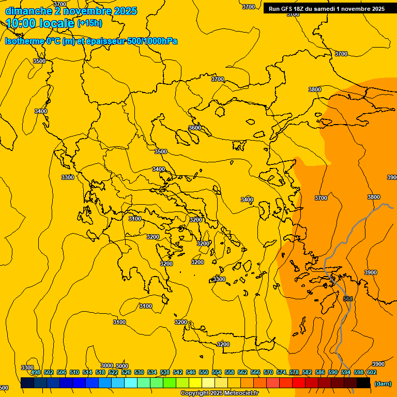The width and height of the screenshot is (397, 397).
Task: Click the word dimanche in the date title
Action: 28,11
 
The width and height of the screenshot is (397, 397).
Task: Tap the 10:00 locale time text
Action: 40,23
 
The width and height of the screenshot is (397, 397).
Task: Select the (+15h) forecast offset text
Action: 89,23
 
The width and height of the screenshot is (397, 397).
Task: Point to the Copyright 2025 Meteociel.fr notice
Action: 219,393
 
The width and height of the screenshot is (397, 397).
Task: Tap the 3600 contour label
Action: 195,128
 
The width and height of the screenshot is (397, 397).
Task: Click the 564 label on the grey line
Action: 348,299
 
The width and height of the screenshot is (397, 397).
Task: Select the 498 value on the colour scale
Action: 36,372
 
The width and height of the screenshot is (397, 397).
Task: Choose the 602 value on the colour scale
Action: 372,372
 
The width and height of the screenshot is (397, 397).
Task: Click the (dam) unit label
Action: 383,383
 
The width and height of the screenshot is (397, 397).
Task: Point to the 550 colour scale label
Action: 204,372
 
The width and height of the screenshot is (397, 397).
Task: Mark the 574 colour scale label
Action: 281,372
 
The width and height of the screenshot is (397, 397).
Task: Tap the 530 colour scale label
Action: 139,372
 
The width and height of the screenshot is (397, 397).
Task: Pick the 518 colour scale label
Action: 100,372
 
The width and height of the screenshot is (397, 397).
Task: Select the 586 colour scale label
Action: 320,372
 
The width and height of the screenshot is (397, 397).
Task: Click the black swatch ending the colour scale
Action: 363,383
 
